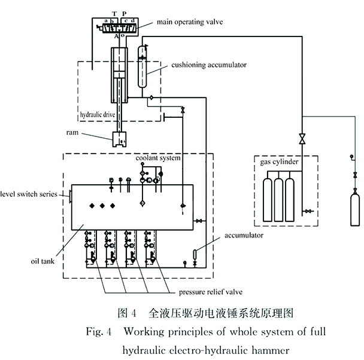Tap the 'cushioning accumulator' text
(199, 64)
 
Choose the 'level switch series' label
(31, 194)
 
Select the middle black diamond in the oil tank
(102, 206)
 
